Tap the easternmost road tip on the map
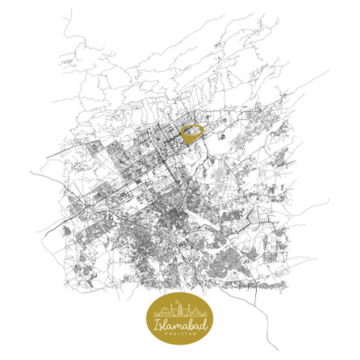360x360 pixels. tap(329, 71)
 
